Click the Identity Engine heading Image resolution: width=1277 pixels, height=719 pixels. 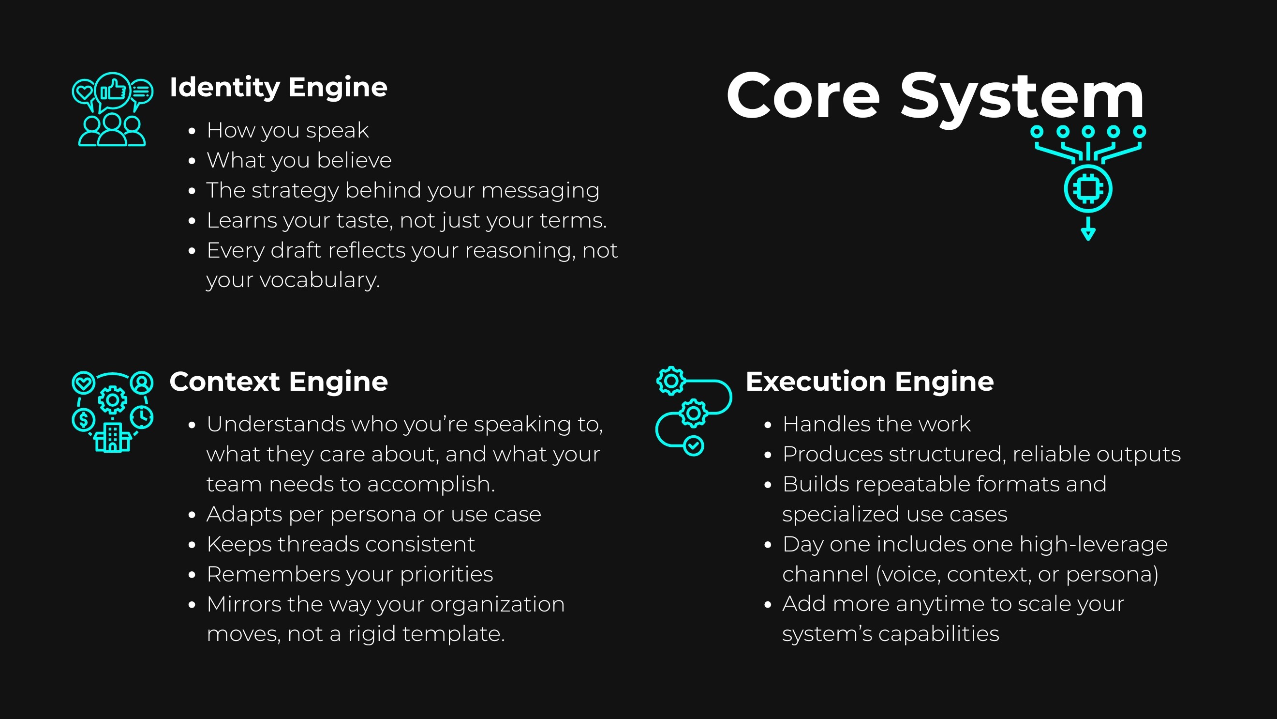pyautogui.click(x=278, y=87)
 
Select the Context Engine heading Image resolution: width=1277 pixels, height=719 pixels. pyautogui.click(x=278, y=382)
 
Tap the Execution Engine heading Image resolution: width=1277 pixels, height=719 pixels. pyautogui.click(x=870, y=382)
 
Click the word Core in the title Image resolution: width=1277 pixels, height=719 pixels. pyautogui.click(x=802, y=96)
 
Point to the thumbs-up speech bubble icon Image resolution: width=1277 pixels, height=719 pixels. pyautogui.click(x=113, y=91)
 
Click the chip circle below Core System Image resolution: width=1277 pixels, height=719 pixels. pyautogui.click(x=1088, y=189)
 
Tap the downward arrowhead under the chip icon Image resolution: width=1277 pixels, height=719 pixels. pyautogui.click(x=1088, y=234)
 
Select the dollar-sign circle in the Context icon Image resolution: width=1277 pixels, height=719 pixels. pyautogui.click(x=83, y=420)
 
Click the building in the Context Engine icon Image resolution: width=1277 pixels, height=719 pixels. pyautogui.click(x=113, y=438)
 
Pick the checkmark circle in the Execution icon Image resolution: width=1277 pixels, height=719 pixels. pyautogui.click(x=694, y=445)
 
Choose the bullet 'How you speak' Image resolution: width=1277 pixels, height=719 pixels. pyautogui.click(x=287, y=131)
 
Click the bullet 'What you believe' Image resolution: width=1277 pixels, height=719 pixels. pyautogui.click(x=299, y=160)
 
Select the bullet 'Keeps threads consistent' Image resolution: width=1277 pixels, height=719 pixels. pyautogui.click(x=341, y=544)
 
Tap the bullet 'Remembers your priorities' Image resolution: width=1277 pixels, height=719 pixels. pyautogui.click(x=350, y=574)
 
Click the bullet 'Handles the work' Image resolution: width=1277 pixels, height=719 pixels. pyautogui.click(x=876, y=424)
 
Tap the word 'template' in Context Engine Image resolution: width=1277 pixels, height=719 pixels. pyautogui.click(x=453, y=634)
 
